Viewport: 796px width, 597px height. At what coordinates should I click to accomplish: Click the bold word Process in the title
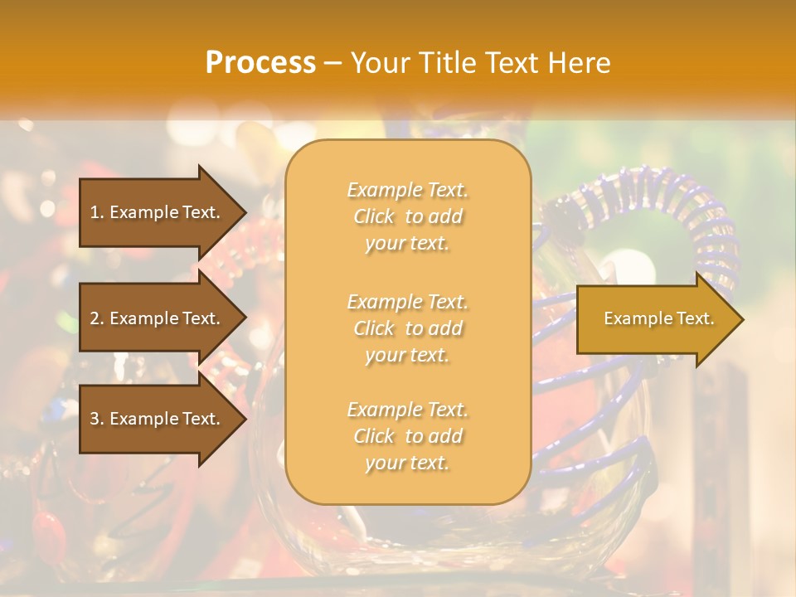click(260, 63)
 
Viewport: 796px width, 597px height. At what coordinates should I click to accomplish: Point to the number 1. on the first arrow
click(97, 212)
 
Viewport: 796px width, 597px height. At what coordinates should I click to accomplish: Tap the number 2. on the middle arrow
click(97, 318)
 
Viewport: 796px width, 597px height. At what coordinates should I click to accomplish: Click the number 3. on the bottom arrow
click(97, 419)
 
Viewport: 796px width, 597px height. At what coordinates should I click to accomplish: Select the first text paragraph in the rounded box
click(408, 216)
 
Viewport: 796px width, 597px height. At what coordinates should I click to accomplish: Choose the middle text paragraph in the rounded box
click(408, 328)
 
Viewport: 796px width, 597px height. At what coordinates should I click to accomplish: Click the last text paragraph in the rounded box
click(408, 436)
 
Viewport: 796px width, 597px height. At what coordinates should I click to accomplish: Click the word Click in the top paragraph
click(375, 216)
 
